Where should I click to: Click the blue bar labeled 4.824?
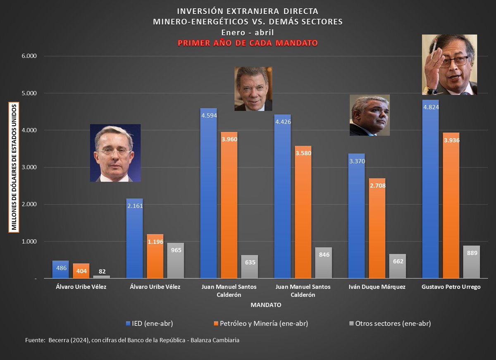coord(430,189)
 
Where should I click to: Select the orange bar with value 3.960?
coord(229,205)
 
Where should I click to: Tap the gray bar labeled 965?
coord(175,260)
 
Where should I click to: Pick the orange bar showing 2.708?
coord(377,228)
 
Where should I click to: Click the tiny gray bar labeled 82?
coord(101,277)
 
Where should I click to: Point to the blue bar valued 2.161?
coord(134,238)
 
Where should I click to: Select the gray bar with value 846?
coord(324,262)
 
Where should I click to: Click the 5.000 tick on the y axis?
coord(29,93)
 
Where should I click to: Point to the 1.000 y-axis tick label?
coord(29,241)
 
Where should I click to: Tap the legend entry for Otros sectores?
coord(390,324)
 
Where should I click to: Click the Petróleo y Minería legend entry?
coord(261,324)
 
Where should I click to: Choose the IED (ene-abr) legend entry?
coord(150,324)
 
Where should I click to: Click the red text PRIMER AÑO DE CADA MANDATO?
coord(248,43)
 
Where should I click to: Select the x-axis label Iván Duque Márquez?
coord(377,287)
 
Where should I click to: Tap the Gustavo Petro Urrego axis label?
coord(451,287)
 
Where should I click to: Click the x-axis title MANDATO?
coord(266,305)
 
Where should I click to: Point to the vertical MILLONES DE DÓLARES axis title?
coord(14,167)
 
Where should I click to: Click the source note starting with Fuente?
coord(132,340)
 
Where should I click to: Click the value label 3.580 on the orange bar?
coord(303,153)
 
